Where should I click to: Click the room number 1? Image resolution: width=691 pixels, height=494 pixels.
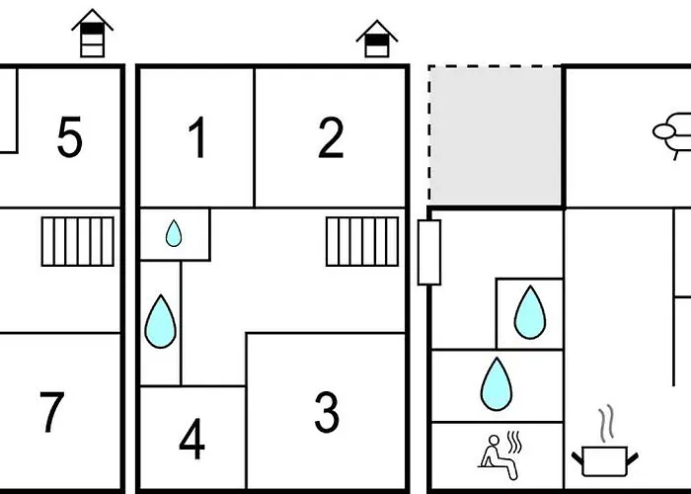[x=197, y=137]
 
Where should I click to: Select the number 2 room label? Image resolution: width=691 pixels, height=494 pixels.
[x=331, y=137]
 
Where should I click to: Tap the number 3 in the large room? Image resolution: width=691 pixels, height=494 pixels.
[x=327, y=412]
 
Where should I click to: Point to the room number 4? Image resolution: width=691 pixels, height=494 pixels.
[x=192, y=440]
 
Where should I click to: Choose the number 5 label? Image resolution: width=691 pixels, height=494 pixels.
[x=70, y=137]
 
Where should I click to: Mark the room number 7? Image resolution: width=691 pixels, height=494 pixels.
[x=52, y=412]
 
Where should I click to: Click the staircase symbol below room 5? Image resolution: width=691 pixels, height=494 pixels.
[x=78, y=241]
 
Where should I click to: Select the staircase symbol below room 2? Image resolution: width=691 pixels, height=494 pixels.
[x=362, y=241]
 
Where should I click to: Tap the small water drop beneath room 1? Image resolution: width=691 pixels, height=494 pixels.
[x=174, y=233]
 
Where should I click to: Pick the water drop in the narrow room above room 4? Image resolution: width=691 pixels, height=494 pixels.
[x=160, y=322]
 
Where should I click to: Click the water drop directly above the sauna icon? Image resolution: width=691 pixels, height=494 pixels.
[x=497, y=384]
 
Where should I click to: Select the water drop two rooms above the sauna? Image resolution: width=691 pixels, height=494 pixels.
[x=530, y=313]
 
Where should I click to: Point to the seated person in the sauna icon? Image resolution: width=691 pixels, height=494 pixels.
[x=498, y=456]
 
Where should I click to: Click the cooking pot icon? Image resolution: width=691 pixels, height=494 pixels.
[x=604, y=460]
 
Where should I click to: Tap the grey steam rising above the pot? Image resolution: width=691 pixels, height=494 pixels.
[x=606, y=423]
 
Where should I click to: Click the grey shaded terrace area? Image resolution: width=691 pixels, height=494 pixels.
[x=495, y=135]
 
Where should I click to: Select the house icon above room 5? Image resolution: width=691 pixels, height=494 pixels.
[x=93, y=33]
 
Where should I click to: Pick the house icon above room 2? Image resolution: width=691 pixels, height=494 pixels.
[x=377, y=39]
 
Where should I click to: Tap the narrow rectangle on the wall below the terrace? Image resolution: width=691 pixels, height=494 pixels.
[x=429, y=253]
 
